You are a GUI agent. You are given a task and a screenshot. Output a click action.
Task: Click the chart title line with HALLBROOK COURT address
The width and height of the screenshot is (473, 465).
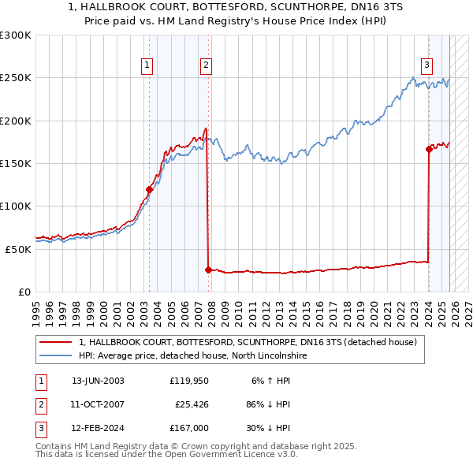(236, 8)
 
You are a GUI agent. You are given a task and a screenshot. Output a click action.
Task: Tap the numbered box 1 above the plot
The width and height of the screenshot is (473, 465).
(147, 65)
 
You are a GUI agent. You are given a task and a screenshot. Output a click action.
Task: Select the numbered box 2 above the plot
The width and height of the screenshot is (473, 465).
(206, 65)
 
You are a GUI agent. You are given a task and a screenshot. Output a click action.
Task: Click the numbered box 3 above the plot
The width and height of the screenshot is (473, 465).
(426, 65)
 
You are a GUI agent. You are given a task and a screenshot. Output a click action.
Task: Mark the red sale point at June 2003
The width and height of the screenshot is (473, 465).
(149, 189)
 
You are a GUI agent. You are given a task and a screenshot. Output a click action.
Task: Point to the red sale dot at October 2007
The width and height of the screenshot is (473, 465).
(208, 270)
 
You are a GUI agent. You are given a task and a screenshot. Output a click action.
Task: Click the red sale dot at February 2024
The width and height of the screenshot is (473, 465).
(429, 149)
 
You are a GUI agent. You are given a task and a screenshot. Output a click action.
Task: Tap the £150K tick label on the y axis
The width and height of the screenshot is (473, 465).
(16, 164)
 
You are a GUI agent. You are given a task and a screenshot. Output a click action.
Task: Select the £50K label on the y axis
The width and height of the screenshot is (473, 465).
(18, 249)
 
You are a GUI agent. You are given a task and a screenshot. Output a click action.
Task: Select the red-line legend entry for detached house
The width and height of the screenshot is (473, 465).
(252, 342)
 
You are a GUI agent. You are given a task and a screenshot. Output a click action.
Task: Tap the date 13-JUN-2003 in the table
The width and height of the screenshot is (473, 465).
(98, 381)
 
